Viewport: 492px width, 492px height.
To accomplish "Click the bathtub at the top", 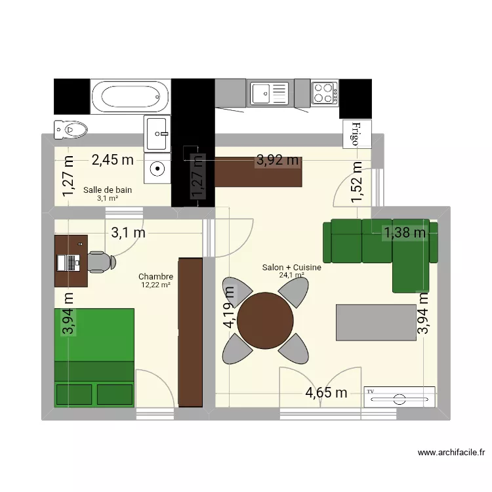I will tap(131, 96).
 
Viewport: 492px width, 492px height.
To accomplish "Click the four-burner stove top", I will tap(325, 92).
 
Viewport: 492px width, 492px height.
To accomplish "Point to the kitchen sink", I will tap(268, 92).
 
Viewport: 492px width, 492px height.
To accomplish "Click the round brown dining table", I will tap(265, 321).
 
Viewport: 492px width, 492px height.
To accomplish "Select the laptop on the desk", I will tap(71, 262).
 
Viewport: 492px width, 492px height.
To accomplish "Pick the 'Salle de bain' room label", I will tap(108, 190).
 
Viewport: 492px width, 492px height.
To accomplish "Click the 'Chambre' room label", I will tap(155, 277).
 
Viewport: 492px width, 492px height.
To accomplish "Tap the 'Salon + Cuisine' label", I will tap(291, 267).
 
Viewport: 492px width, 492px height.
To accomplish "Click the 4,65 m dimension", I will tap(325, 393).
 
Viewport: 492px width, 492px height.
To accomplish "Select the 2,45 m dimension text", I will tap(112, 159).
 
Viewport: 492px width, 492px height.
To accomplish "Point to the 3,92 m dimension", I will tap(277, 159).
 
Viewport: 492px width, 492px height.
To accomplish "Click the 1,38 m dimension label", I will tap(405, 231).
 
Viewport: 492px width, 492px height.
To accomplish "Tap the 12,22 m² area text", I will tap(155, 285).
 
